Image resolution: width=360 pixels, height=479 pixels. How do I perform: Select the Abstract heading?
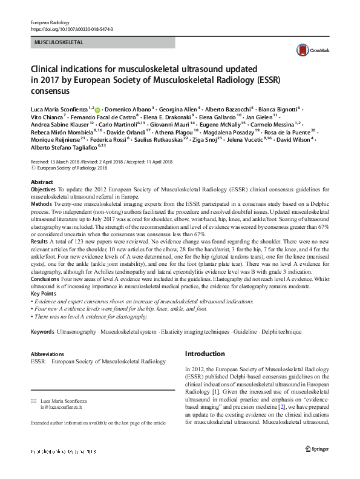pyautogui.click(x=41, y=181)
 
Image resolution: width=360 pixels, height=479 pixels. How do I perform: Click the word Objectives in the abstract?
pyautogui.click(x=43, y=190)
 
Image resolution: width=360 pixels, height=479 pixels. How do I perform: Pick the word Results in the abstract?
pyautogui.click(x=39, y=240)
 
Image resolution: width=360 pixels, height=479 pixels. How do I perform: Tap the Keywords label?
pyautogui.click(x=42, y=332)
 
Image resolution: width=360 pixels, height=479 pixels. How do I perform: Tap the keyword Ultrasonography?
pyautogui.click(x=76, y=332)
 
